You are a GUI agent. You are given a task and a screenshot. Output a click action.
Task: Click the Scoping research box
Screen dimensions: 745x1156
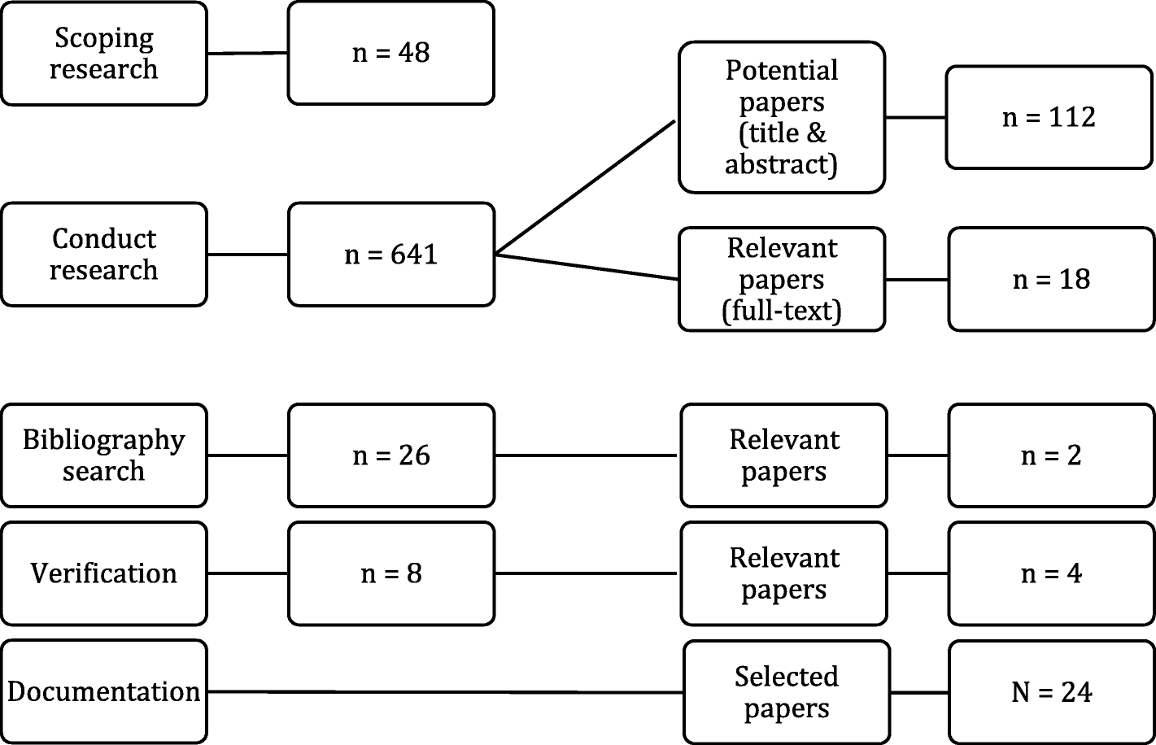tap(103, 54)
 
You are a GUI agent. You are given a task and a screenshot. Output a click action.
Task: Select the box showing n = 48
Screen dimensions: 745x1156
tap(390, 54)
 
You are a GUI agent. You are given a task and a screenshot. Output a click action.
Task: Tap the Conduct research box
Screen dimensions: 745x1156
tap(103, 255)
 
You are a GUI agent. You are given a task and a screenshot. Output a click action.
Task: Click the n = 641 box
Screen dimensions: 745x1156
tap(390, 255)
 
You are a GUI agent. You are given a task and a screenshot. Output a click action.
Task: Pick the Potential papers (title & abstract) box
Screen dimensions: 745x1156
tap(781, 117)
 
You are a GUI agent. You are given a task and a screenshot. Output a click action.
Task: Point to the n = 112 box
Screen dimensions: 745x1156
tap(1049, 117)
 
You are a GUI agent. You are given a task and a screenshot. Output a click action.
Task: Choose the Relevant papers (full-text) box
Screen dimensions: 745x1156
tap(781, 279)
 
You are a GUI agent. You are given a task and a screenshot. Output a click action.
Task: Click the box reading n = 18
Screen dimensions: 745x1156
tap(1050, 279)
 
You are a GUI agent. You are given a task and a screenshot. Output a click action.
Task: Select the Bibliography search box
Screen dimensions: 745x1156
tap(103, 455)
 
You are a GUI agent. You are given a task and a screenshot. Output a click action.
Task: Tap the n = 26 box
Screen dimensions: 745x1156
tap(390, 455)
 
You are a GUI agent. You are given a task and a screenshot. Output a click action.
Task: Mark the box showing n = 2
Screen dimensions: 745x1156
tap(1050, 455)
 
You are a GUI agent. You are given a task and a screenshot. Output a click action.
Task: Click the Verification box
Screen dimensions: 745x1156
tap(103, 573)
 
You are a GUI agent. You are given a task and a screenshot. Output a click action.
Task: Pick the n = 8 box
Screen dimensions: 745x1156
tap(390, 573)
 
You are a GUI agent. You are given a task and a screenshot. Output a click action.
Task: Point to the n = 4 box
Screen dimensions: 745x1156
tap(1050, 573)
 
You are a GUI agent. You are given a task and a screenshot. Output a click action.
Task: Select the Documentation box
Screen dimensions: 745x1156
tap(103, 691)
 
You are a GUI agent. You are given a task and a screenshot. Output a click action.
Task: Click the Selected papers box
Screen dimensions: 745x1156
tap(786, 692)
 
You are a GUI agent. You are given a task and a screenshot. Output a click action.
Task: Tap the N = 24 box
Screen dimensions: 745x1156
tap(1050, 692)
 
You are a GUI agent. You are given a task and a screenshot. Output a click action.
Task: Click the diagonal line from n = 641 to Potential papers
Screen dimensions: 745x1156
tap(586, 187)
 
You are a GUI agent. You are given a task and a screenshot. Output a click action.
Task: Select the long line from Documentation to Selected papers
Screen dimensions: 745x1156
tap(443, 692)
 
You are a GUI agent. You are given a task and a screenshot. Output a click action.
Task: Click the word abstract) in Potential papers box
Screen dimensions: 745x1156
tap(781, 164)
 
